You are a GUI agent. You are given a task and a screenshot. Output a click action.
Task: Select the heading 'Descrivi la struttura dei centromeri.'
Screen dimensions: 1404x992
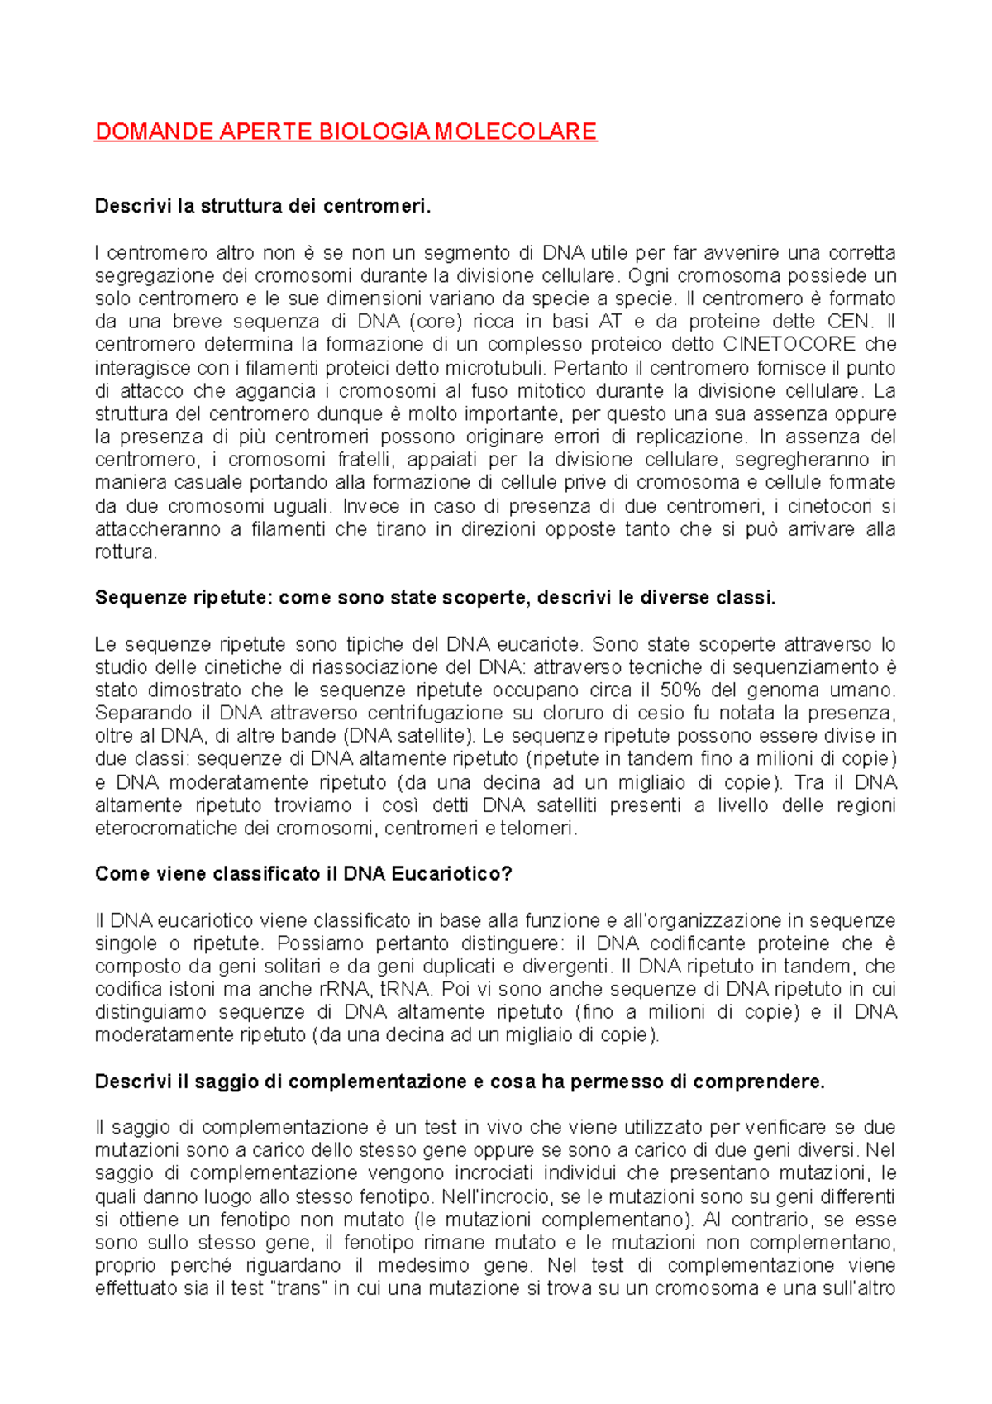pos(263,206)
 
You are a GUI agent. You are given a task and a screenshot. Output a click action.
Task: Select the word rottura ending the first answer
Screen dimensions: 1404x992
pos(124,552)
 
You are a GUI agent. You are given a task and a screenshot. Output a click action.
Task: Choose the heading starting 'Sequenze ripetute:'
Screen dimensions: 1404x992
pos(435,598)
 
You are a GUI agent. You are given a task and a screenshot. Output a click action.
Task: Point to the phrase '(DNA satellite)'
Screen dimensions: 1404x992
pos(408,736)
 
